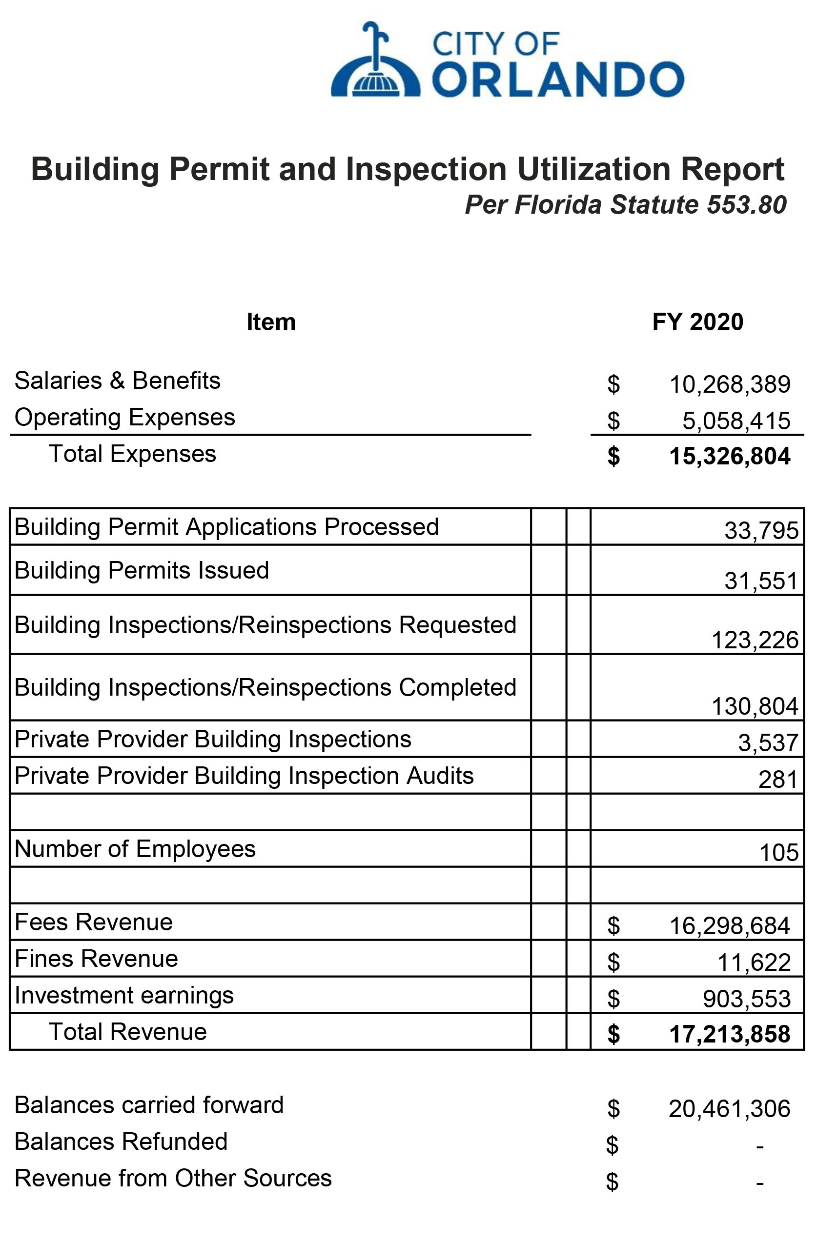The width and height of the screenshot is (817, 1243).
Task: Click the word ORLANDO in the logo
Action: coord(558,80)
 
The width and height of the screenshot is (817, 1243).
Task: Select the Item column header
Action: coord(271,322)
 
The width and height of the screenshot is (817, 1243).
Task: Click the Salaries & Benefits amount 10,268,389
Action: coord(729,384)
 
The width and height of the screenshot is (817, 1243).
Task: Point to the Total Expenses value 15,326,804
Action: coord(729,456)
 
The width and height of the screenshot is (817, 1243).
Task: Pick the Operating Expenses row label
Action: coord(125,417)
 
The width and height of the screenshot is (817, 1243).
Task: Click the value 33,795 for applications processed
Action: coord(761,531)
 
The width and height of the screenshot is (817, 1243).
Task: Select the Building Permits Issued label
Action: coord(142,570)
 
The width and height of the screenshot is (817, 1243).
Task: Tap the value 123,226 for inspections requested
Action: coord(755,640)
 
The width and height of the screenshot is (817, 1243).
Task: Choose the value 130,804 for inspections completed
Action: coord(755,706)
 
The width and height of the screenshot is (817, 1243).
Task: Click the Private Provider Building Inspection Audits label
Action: coord(244,776)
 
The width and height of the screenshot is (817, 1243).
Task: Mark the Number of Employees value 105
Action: coord(778,852)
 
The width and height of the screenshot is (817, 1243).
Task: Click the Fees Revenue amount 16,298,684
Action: coord(729,925)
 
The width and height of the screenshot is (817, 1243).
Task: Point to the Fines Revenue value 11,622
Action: coord(754,962)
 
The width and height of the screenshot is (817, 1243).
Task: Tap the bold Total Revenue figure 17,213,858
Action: coord(729,1034)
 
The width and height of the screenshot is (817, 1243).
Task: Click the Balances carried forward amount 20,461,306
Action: coord(729,1108)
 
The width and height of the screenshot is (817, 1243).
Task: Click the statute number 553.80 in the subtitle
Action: coord(746,204)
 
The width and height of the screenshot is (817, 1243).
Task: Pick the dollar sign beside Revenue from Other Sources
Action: coord(612,1182)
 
